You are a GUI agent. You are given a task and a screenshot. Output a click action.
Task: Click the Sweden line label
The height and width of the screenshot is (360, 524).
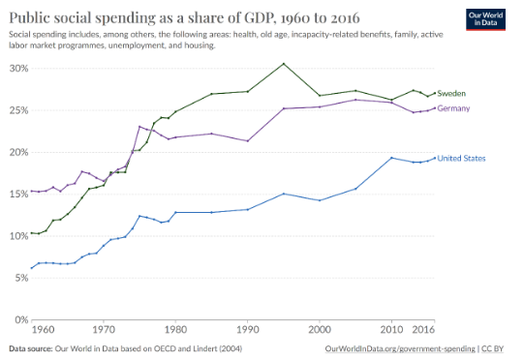click(451, 94)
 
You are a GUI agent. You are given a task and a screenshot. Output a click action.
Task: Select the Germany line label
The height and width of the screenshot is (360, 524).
click(453, 108)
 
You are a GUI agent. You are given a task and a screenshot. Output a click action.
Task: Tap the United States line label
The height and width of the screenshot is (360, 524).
click(461, 159)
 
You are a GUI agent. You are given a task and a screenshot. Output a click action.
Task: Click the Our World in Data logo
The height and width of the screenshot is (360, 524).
click(485, 19)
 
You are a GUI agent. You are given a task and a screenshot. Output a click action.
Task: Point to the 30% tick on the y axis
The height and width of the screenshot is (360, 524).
click(19, 69)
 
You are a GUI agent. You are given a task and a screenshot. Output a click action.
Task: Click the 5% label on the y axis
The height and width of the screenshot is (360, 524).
click(21, 278)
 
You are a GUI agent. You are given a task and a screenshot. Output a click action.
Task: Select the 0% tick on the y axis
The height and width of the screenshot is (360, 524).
click(21, 320)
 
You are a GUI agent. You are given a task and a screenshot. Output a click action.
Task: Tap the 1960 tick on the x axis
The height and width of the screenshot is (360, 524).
click(44, 330)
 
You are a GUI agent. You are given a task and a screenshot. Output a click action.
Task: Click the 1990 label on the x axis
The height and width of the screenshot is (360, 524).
click(248, 330)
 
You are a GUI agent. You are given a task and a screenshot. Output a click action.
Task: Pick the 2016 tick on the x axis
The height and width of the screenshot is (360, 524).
click(423, 330)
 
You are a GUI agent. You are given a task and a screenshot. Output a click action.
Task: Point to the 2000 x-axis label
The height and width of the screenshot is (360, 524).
click(320, 330)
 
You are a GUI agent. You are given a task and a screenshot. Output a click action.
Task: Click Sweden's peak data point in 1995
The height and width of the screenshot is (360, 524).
click(284, 64)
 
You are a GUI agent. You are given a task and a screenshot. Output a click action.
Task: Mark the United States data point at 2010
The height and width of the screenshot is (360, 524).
click(391, 158)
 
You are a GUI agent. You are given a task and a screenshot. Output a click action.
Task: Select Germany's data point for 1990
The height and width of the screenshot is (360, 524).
click(248, 141)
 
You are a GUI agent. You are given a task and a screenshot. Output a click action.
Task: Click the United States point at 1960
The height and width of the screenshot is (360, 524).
click(32, 268)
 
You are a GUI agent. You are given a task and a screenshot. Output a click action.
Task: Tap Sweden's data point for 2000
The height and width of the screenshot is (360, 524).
click(320, 96)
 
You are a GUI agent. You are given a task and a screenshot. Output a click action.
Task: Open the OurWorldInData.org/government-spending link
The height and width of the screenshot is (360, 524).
click(400, 349)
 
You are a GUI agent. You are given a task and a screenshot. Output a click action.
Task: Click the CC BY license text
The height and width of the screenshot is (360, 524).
click(493, 349)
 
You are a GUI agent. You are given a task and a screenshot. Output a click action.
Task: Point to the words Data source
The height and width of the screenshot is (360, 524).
click(31, 349)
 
